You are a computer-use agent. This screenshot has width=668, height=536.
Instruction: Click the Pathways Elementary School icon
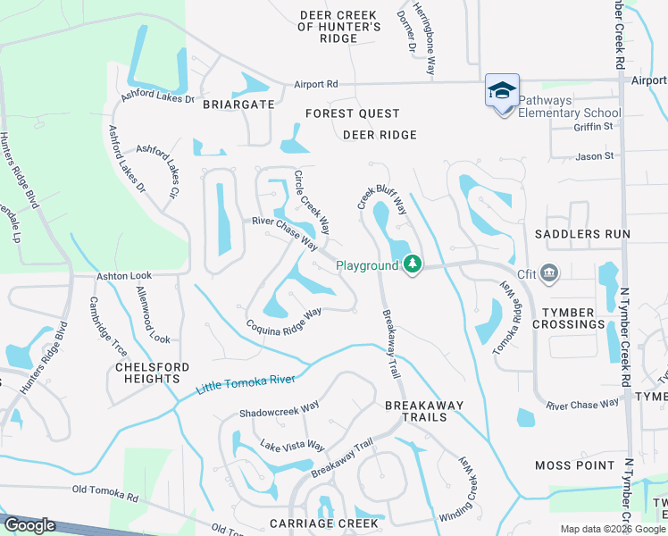coord(502,90)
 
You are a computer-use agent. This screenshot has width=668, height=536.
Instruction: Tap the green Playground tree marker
coord(412,264)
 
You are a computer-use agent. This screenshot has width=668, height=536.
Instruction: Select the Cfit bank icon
coord(549,272)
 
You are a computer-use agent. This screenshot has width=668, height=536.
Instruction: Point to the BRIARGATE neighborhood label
coord(238,104)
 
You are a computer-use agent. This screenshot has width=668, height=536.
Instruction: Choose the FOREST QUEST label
coord(352,113)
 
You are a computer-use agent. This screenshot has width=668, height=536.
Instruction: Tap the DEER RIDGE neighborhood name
coord(380,135)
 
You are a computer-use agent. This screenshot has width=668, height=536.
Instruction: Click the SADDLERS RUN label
coord(582,234)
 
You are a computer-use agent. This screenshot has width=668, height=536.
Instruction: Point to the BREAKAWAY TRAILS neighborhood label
coord(424,412)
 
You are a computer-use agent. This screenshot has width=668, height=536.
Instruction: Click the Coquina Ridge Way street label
coord(283,321)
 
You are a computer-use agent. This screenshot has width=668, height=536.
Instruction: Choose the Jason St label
coord(595,156)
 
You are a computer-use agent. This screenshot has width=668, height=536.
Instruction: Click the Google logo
coord(30,524)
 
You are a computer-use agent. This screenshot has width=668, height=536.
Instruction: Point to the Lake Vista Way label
coord(292,446)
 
